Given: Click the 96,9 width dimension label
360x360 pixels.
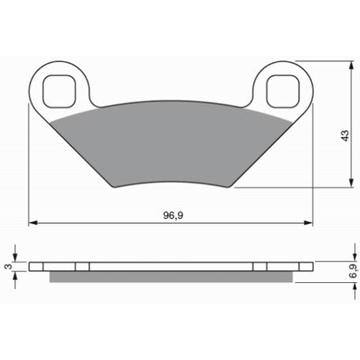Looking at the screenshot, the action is tap(173, 215).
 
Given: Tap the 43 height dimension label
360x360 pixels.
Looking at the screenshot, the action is tap(345, 136).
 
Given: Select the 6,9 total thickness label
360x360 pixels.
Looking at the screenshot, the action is tap(353, 271).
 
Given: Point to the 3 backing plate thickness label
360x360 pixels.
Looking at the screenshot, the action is tap(9, 266).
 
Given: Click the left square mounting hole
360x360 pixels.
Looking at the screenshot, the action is tap(59, 91).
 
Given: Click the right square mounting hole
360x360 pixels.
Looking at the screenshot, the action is tap(283, 91).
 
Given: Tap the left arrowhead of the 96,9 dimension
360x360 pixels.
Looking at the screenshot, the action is tap(33, 223).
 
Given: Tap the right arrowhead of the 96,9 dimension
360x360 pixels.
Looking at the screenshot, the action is tap(308, 223).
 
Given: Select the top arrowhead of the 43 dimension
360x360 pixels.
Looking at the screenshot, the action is tap(351, 66).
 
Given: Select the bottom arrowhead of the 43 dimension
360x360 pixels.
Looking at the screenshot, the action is tap(351, 183).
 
